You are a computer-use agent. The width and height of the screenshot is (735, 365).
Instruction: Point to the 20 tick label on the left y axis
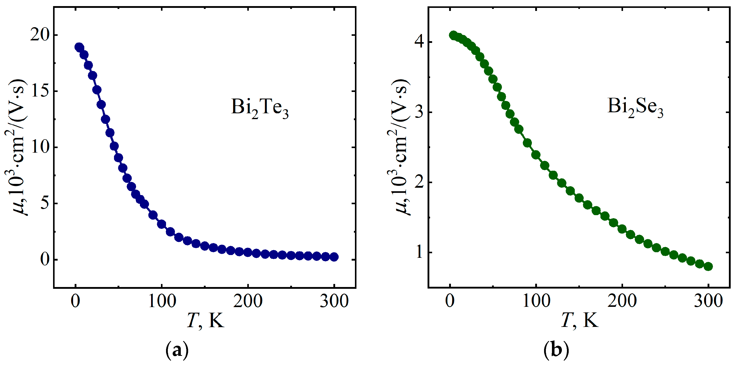pos(40,35)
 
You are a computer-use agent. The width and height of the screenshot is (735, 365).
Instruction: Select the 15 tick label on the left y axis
pos(40,91)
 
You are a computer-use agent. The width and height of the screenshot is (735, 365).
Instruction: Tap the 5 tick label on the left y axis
pos(45,203)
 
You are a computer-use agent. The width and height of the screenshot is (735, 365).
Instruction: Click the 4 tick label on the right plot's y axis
pos(419,42)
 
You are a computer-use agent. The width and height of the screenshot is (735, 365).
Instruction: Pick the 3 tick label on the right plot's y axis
pos(419,112)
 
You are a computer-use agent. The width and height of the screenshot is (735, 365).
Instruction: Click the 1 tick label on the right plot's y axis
pos(419,252)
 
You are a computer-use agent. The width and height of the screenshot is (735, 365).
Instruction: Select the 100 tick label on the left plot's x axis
pos(162,301)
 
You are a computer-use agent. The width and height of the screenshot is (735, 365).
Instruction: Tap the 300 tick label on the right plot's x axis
pos(708,301)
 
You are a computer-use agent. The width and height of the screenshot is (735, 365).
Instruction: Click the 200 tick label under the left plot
pos(248,301)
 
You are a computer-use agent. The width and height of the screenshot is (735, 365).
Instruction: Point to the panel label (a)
pos(177,350)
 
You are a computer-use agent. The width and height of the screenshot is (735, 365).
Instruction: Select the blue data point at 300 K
pos(334,257)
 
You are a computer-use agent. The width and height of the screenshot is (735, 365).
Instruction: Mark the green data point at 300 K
pos(708,266)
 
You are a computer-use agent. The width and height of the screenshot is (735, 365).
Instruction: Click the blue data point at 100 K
pos(162,224)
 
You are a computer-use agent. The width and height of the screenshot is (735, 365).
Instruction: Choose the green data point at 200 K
pos(622,229)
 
